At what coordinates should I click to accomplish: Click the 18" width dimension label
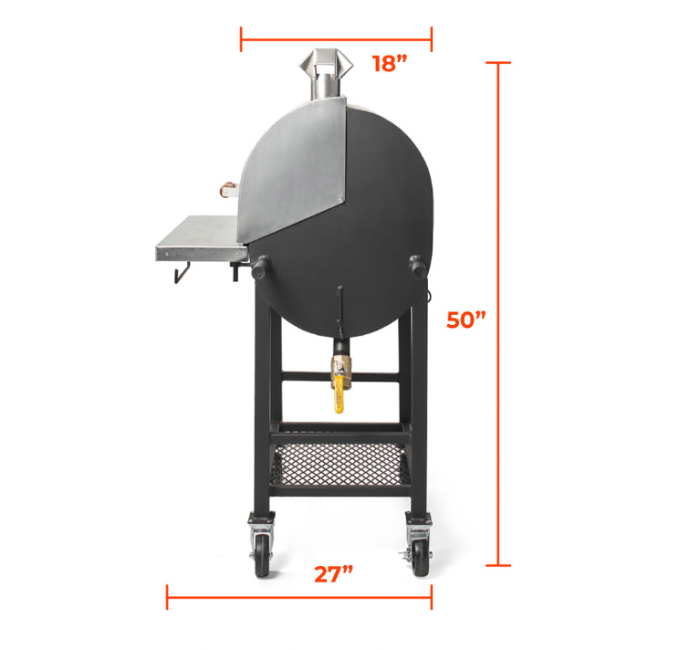(x=388, y=63)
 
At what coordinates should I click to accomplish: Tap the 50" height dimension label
(x=466, y=320)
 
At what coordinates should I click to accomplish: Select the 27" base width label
(x=333, y=574)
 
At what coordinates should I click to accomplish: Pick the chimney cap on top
(x=326, y=62)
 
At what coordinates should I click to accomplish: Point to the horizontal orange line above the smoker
(x=336, y=39)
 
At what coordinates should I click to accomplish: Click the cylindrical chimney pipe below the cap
(x=325, y=89)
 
